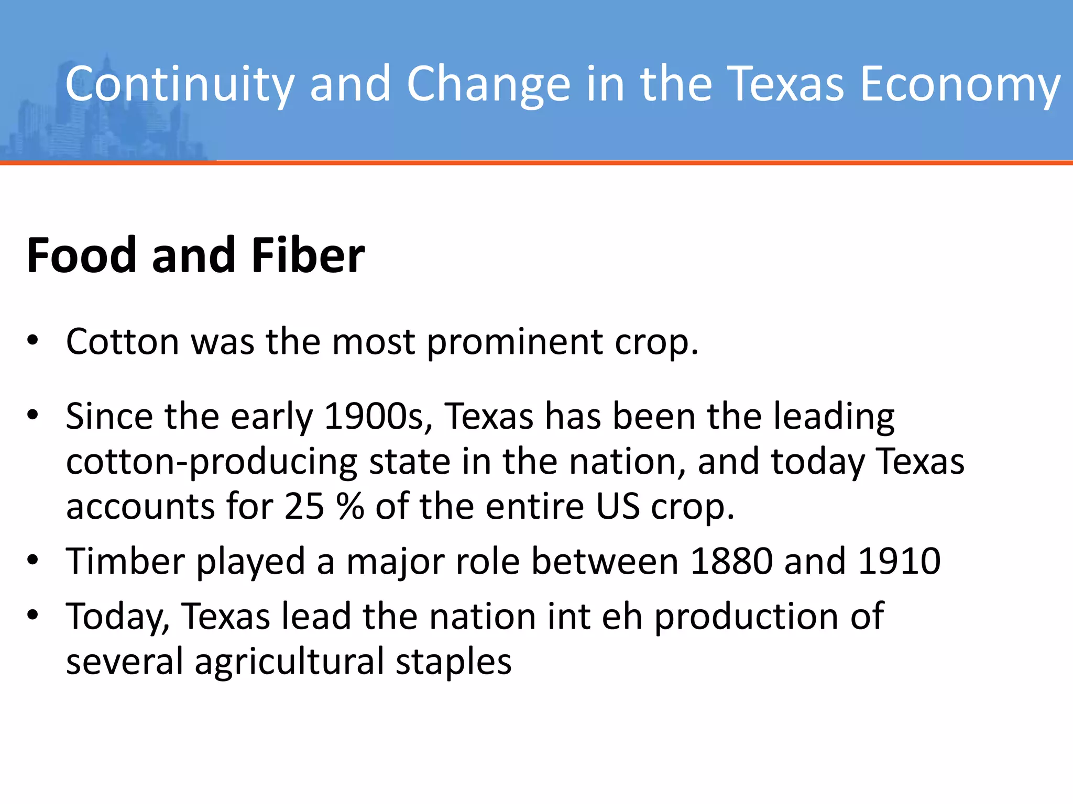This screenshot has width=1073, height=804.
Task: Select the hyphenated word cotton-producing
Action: pyautogui.click(x=212, y=462)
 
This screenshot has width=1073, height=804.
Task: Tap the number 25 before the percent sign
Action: pyautogui.click(x=304, y=507)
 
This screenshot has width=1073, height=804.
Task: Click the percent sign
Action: pyautogui.click(x=351, y=507)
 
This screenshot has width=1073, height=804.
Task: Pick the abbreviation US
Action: pyautogui.click(x=618, y=507)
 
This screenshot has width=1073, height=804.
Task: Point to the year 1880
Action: pyautogui.click(x=731, y=561)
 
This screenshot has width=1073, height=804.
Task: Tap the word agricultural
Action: pyautogui.click(x=290, y=662)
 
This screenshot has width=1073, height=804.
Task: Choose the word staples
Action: pyautogui.click(x=453, y=662)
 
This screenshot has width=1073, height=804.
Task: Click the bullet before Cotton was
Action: pyautogui.click(x=33, y=341)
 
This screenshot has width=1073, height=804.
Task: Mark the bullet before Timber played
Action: pyautogui.click(x=33, y=560)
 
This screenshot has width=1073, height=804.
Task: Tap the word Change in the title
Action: pyautogui.click(x=488, y=84)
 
